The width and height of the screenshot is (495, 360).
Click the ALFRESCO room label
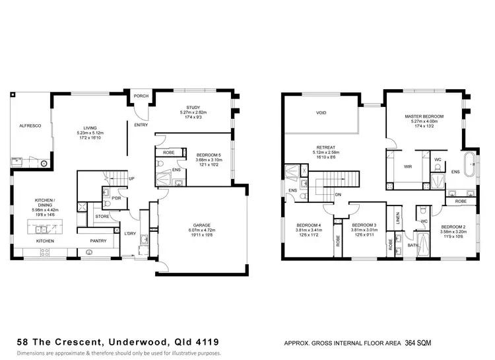tap(30, 125)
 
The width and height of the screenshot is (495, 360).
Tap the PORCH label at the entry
tap(141, 96)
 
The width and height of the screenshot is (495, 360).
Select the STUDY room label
tap(193, 107)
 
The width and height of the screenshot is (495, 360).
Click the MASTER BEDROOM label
tap(424, 116)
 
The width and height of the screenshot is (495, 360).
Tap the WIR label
tap(408, 167)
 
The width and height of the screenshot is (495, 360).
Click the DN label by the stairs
tap(337, 194)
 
